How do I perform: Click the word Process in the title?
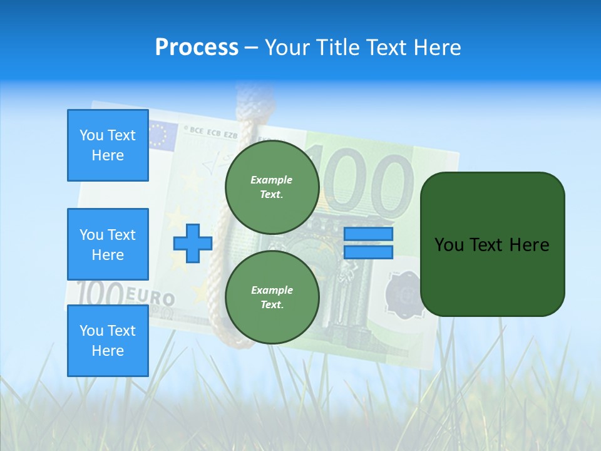(x=197, y=48)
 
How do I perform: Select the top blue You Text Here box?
(x=108, y=145)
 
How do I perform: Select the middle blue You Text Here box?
(x=108, y=244)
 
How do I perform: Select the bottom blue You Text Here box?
(x=108, y=340)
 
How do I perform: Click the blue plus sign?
(x=193, y=242)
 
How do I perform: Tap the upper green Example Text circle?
(x=272, y=187)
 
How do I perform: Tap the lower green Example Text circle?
(x=272, y=298)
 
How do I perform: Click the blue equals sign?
(x=368, y=243)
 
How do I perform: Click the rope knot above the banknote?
(x=250, y=100)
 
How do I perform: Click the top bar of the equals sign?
(x=368, y=234)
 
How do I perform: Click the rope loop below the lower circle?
(x=238, y=338)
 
